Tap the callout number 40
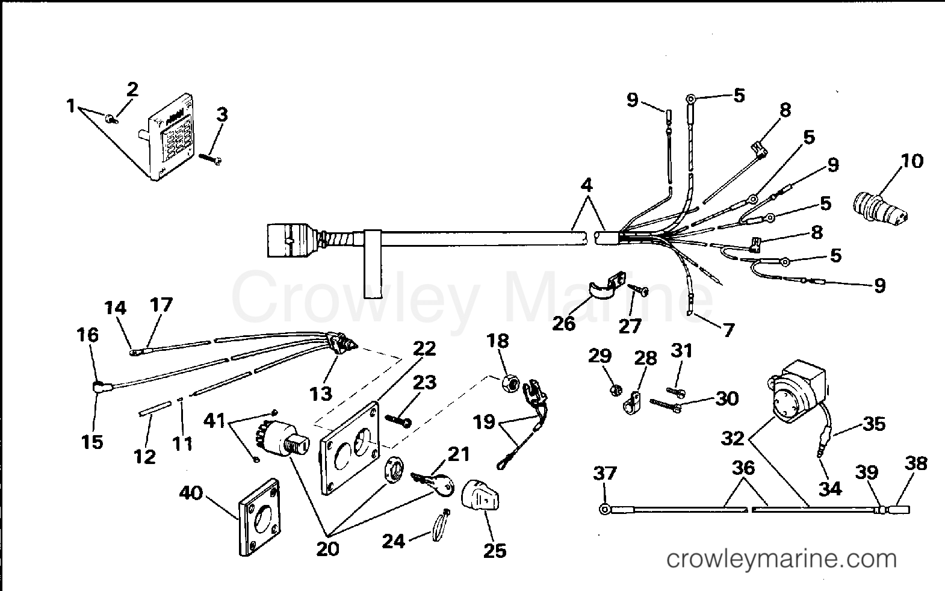(191, 494)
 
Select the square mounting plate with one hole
(260, 517)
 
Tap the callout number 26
(564, 323)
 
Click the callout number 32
(733, 438)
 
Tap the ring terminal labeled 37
(604, 510)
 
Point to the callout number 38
(916, 463)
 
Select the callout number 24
(394, 541)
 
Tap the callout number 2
(132, 89)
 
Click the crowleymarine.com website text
(781, 560)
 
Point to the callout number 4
(587, 185)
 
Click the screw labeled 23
(395, 419)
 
